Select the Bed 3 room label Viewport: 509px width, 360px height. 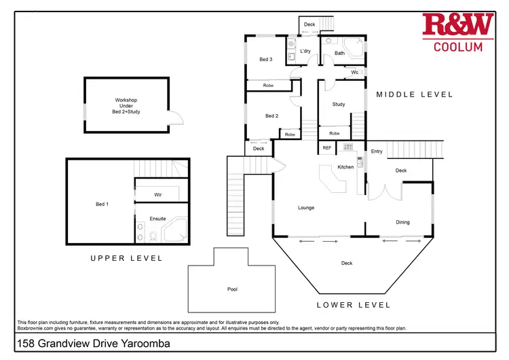[x=266, y=60]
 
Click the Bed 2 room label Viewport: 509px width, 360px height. [x=271, y=116]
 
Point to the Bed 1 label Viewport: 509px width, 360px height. [x=102, y=204]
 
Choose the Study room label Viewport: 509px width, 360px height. [x=339, y=104]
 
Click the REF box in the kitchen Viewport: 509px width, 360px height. [x=327, y=147]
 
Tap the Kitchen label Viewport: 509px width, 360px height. [x=346, y=167]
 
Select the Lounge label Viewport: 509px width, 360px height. [x=306, y=207]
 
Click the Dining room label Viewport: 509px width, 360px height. [x=403, y=222]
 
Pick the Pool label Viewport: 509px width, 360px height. [x=232, y=289]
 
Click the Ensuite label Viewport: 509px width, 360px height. [x=157, y=219]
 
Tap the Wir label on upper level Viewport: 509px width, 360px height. [x=158, y=194]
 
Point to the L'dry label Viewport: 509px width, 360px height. [x=305, y=52]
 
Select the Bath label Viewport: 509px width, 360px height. [x=339, y=53]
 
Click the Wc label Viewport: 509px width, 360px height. [x=354, y=73]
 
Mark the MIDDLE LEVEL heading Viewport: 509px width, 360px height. [x=415, y=94]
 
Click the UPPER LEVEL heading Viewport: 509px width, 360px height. [x=127, y=258]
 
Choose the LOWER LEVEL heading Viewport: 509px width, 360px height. [x=354, y=305]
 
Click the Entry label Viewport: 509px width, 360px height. [x=377, y=151]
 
